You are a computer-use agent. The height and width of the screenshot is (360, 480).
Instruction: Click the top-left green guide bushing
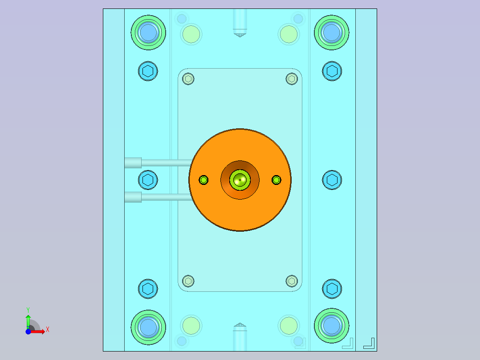(148, 33)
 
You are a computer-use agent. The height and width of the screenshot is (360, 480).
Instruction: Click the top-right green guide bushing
(332, 33)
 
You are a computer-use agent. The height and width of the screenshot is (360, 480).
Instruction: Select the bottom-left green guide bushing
(148, 327)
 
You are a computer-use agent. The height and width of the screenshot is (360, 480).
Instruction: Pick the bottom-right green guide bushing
(332, 326)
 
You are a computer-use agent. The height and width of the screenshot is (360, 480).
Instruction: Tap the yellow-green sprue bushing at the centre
(240, 180)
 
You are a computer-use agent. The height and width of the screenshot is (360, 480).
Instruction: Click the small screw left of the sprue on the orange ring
(204, 180)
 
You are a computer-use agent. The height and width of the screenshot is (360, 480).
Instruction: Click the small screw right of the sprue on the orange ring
(277, 180)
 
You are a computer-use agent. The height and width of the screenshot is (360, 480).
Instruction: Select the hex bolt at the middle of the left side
(148, 180)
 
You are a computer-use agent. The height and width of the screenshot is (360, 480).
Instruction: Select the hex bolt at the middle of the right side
(332, 180)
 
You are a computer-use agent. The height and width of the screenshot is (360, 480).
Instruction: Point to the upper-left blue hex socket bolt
(148, 71)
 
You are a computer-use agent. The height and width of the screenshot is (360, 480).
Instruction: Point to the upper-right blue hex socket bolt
(332, 71)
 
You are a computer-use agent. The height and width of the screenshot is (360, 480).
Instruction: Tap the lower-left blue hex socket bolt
(148, 289)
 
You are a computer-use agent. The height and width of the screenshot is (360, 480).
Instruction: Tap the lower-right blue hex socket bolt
(332, 289)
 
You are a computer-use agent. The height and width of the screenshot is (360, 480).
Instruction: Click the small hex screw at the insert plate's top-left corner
(188, 79)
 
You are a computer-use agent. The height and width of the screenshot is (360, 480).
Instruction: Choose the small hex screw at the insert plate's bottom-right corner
(292, 281)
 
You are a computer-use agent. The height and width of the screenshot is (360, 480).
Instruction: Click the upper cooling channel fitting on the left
(133, 163)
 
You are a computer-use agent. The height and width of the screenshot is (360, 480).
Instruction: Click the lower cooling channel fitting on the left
(133, 197)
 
